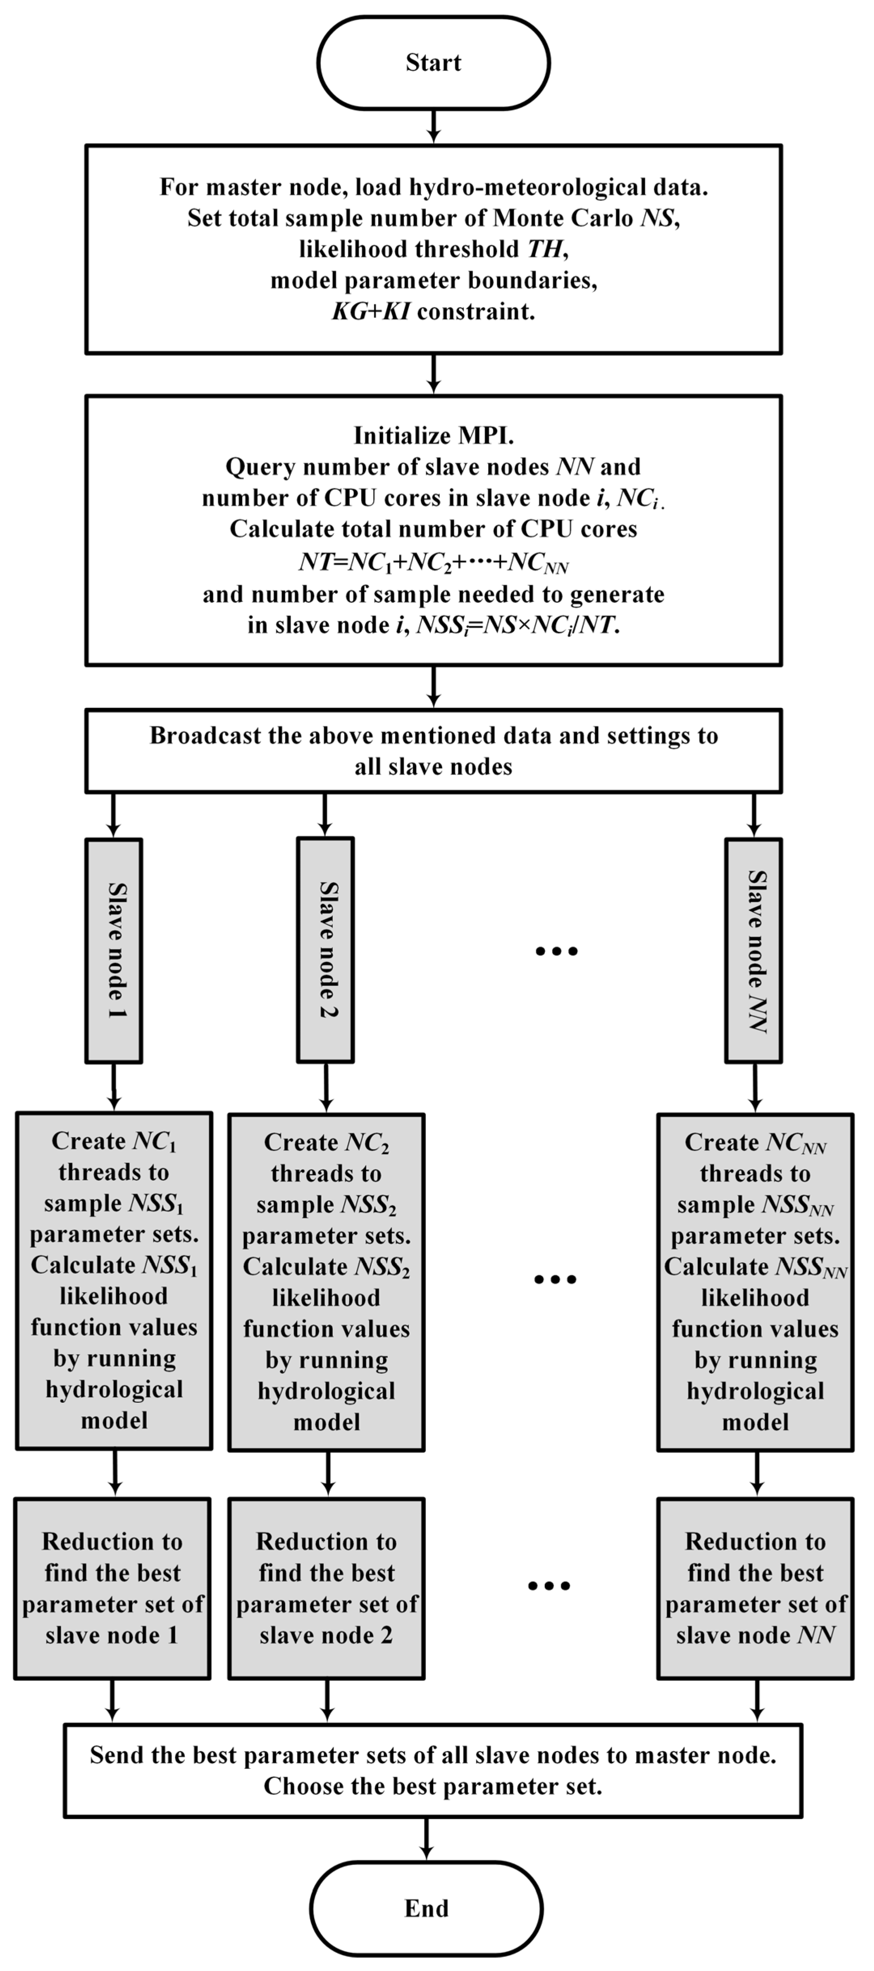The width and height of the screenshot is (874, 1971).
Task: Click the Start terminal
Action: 433,63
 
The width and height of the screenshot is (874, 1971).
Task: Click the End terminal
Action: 426,1908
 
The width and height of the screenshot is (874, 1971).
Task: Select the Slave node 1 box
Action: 114,950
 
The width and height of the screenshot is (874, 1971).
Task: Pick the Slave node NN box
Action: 754,950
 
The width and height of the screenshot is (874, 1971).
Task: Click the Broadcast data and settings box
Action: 433,751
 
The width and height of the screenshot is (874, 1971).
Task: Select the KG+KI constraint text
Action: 433,311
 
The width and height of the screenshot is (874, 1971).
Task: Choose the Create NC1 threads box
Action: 114,1280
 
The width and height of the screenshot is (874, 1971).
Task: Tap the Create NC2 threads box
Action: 326,1282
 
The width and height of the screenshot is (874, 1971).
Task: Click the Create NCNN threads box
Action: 755,1282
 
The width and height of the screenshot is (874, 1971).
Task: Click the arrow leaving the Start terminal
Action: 433,126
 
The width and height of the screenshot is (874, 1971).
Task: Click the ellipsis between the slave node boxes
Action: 557,951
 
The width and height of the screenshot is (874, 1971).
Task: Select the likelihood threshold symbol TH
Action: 544,249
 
